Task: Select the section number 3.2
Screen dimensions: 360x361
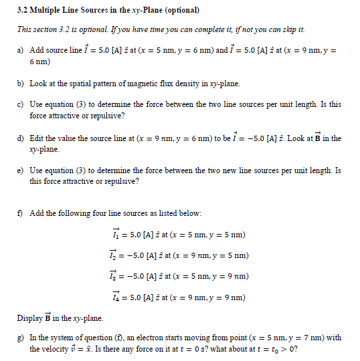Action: (22, 11)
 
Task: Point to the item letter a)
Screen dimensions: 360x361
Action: (19, 50)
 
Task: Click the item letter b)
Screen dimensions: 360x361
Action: (19, 84)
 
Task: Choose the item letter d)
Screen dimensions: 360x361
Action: (19, 138)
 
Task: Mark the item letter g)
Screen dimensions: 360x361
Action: (19, 338)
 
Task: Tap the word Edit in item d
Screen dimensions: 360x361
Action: (37, 138)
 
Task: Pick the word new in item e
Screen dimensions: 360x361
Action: (217, 170)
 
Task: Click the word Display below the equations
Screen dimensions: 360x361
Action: (31, 318)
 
